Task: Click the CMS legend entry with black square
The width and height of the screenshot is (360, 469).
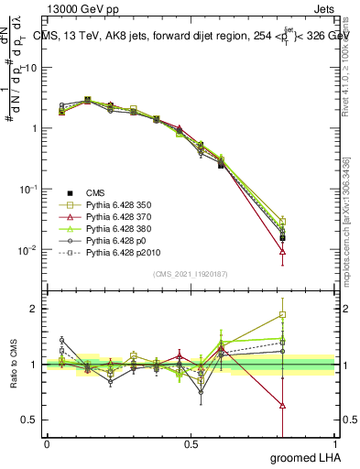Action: pyautogui.click(x=97, y=192)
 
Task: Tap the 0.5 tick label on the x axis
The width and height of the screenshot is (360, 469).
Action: pyautogui.click(x=191, y=444)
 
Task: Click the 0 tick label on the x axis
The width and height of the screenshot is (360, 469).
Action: pyautogui.click(x=47, y=444)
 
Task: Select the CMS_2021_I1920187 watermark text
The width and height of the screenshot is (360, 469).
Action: pyautogui.click(x=191, y=274)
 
